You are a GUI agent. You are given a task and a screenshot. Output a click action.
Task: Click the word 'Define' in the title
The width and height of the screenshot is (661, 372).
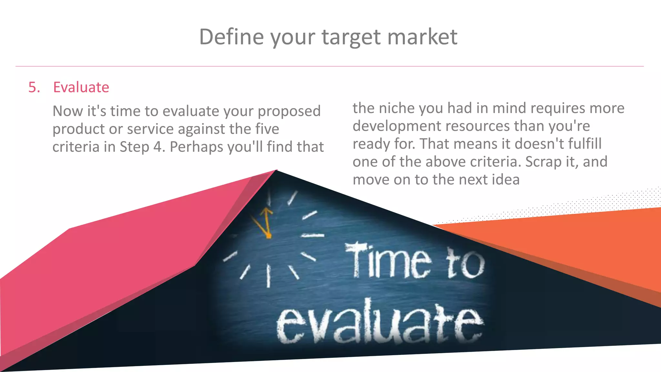231,36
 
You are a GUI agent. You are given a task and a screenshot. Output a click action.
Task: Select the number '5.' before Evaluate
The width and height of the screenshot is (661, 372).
34,87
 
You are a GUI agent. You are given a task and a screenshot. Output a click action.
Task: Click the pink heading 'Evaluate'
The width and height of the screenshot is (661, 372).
81,87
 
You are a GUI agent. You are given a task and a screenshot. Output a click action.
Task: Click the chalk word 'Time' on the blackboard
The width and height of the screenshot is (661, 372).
387,261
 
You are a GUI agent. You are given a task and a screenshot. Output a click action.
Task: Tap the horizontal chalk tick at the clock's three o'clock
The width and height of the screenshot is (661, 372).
312,235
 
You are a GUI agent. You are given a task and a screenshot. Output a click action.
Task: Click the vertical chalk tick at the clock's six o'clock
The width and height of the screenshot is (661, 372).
268,276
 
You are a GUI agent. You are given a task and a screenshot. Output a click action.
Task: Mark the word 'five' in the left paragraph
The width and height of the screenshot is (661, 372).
267,129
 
